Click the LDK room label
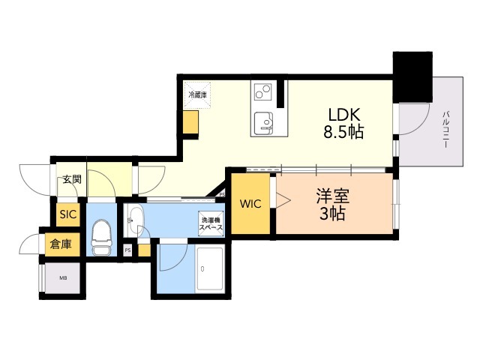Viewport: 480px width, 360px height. tap(343, 115)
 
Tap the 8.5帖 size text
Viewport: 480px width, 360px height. tap(343, 133)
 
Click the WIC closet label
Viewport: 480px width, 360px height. tap(249, 204)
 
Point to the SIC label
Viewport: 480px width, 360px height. tap(68, 214)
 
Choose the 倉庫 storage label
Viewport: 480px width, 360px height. tap(61, 244)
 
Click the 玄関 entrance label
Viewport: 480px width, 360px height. tap(71, 180)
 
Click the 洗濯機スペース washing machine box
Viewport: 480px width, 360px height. tap(211, 225)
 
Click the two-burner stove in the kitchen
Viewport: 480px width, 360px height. tap(263, 93)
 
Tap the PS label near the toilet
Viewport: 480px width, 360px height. tap(127, 250)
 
